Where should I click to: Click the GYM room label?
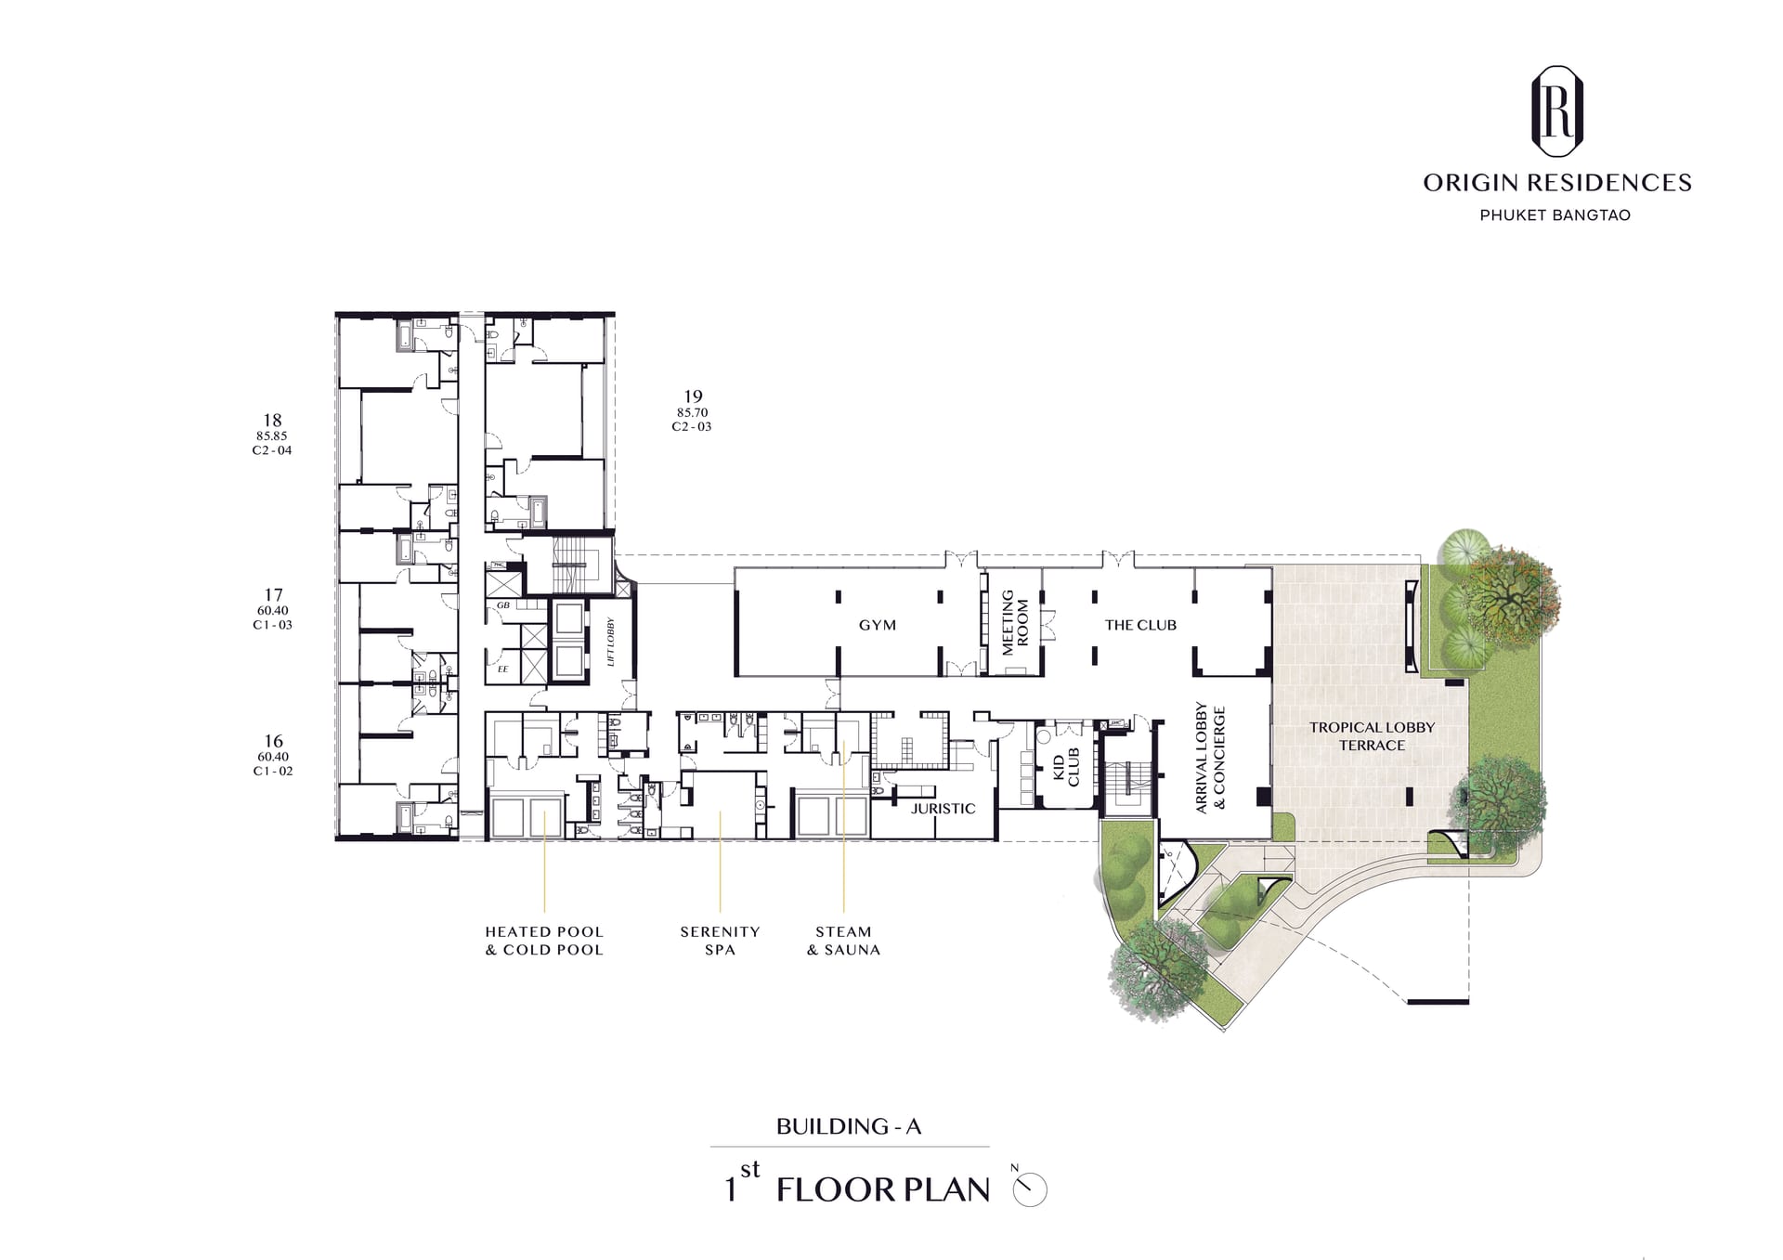pos(878,626)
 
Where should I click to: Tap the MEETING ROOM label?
pos(1015,622)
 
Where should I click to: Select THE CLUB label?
pos(1140,626)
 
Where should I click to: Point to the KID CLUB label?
pos(1066,767)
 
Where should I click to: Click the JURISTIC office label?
pos(943,809)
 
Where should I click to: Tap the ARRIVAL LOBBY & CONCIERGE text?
pos(1210,759)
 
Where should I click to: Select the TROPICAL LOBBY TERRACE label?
pos(1373,736)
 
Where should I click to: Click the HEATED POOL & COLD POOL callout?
pos(544,941)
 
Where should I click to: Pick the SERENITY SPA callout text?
pos(720,941)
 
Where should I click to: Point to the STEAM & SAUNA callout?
pos(843,941)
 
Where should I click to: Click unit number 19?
pos(693,396)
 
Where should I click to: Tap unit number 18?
pos(272,420)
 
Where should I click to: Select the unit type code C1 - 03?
pos(272,625)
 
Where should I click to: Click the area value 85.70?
pos(693,412)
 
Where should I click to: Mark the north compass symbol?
pos(1030,1189)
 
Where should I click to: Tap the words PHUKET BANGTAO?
pos(1555,215)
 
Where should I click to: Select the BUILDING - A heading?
pos(849,1126)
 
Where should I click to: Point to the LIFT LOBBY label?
pos(611,642)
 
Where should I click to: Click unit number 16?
pos(273,741)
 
